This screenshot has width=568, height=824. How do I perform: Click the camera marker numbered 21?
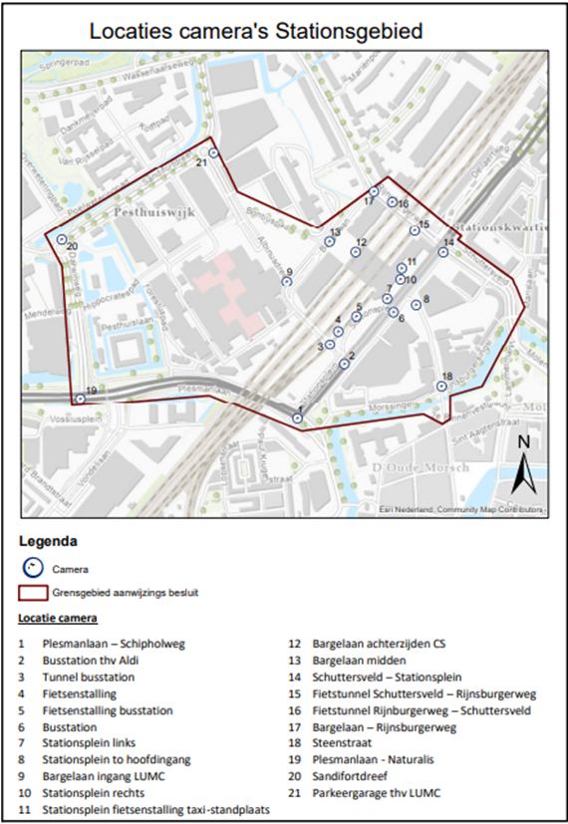[x=213, y=152]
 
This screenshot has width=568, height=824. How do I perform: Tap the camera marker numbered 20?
[x=62, y=239]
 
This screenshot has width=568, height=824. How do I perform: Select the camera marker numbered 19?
[x=80, y=399]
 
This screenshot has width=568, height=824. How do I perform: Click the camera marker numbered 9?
[x=286, y=282]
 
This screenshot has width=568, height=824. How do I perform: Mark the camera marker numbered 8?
[x=417, y=305]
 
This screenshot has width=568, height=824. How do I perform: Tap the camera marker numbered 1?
[x=297, y=418]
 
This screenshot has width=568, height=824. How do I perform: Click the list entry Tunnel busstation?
[x=89, y=677]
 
